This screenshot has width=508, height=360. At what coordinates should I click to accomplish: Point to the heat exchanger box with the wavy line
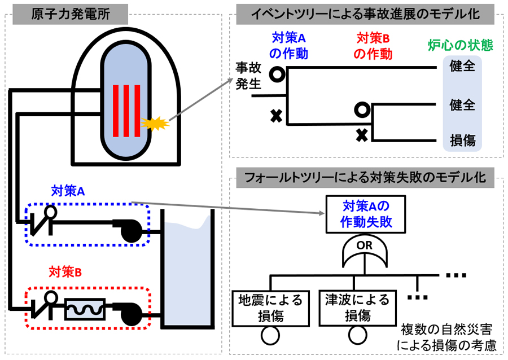pos(85,309)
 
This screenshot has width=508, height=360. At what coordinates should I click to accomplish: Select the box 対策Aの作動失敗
pos(366,213)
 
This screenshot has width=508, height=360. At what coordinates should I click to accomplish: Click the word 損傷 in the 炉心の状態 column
pos(462,140)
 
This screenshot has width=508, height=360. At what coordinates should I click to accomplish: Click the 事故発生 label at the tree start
pos(248,76)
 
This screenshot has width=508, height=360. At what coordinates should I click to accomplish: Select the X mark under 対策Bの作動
pos(362,134)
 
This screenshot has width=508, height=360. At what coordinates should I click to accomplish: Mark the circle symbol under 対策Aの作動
pos(277,73)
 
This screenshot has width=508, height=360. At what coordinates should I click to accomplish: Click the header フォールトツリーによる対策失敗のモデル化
pos(365,178)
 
